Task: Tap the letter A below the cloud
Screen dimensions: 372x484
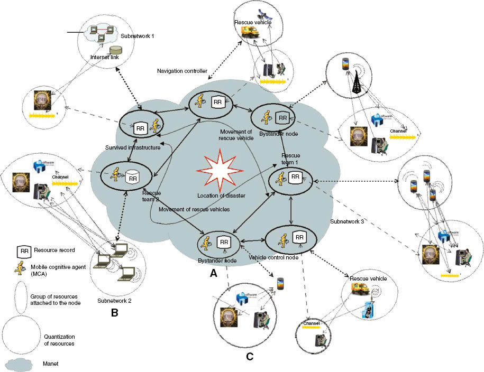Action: click(213, 274)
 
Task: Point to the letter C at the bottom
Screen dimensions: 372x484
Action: click(249, 357)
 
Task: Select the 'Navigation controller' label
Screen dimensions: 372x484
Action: click(181, 70)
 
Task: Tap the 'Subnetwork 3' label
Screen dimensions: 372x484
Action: click(347, 222)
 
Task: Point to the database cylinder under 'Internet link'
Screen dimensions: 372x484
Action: click(114, 51)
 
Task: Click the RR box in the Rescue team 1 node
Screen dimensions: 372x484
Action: click(295, 178)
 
